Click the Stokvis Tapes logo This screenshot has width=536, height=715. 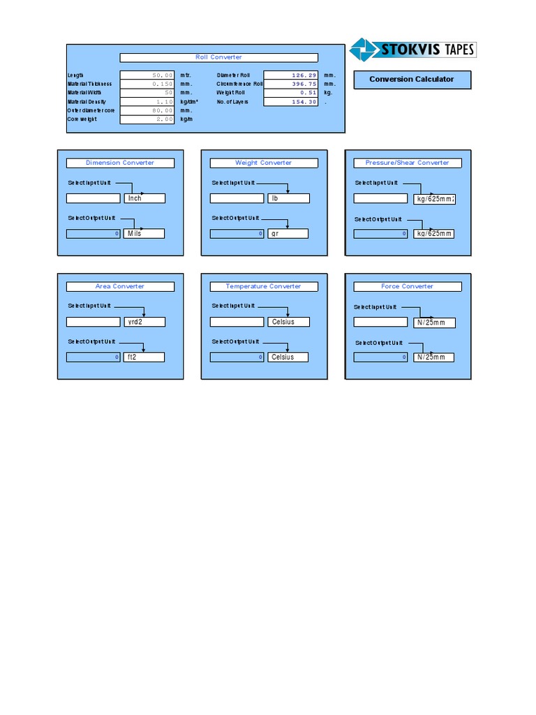coord(412,50)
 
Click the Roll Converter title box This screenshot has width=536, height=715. coord(218,57)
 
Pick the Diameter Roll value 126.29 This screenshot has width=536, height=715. coord(291,75)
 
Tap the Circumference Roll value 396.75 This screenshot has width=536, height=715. coord(291,84)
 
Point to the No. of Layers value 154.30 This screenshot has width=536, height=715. coord(291,102)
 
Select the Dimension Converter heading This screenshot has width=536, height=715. coord(120,163)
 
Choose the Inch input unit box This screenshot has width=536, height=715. coord(144,198)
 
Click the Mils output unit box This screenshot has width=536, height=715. coord(144,233)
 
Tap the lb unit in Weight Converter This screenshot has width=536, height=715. coord(288,198)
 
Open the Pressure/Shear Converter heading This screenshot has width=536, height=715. coord(408,163)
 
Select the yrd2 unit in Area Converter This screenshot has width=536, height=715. coord(144,322)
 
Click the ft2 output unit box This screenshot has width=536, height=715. coord(144,357)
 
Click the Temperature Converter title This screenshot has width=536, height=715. coord(264,286)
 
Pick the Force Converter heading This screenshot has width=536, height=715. coord(408,286)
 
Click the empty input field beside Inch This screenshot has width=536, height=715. coord(94,198)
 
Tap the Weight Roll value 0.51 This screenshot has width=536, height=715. coord(291,93)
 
